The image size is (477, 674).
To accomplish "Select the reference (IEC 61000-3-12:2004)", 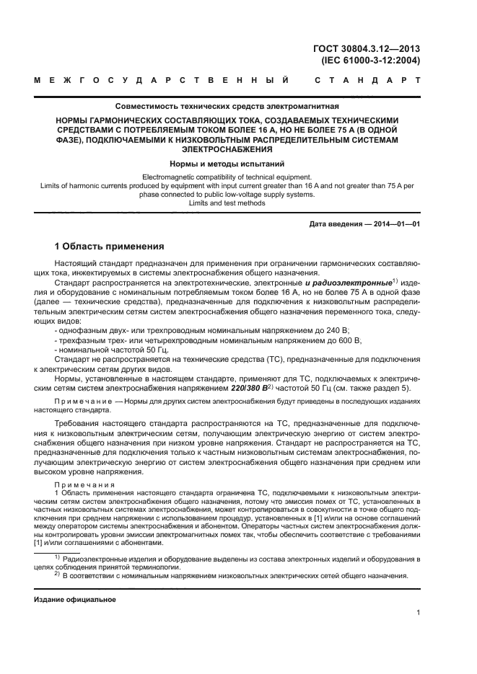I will (370, 61).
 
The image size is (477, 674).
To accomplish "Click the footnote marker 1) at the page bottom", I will (56, 557).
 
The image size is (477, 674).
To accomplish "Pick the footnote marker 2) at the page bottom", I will (56, 575).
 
